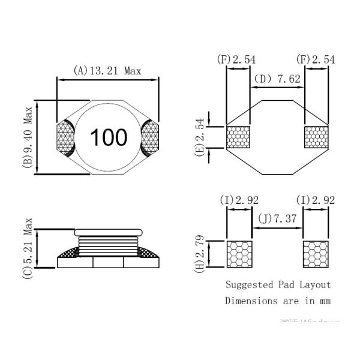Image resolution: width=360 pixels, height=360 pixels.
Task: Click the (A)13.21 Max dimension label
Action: point(107,71)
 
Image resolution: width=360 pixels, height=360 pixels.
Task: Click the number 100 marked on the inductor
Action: point(109,137)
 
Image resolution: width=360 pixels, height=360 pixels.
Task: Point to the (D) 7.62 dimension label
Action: point(277,79)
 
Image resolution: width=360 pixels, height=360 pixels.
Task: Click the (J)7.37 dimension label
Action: point(277,220)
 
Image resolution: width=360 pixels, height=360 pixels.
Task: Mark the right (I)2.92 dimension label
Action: point(316,200)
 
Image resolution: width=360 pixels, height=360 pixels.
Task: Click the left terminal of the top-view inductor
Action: point(65,138)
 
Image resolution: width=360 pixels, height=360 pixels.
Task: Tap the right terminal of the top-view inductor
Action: point(152,138)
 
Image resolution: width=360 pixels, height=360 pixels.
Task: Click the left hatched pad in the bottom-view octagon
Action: point(238,137)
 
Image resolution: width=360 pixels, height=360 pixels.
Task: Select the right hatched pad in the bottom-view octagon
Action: point(317,137)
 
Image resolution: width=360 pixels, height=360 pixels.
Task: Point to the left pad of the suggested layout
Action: point(238,254)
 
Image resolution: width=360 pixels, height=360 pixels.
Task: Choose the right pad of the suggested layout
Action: point(316,254)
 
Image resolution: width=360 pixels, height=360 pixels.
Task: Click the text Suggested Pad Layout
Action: point(278,284)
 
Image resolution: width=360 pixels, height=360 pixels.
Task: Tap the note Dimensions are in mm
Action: point(278,301)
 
